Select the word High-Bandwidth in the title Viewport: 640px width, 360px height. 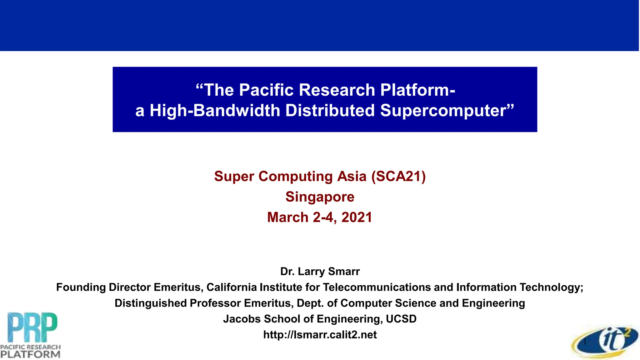click(x=215, y=111)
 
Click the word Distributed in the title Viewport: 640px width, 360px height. click(x=330, y=111)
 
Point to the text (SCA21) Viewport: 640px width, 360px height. click(x=398, y=176)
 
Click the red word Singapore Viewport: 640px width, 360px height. click(x=320, y=197)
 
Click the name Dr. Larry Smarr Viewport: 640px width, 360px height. click(x=320, y=271)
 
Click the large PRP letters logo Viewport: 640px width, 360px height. click(x=32, y=327)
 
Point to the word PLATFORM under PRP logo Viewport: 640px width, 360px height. click(x=30, y=354)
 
